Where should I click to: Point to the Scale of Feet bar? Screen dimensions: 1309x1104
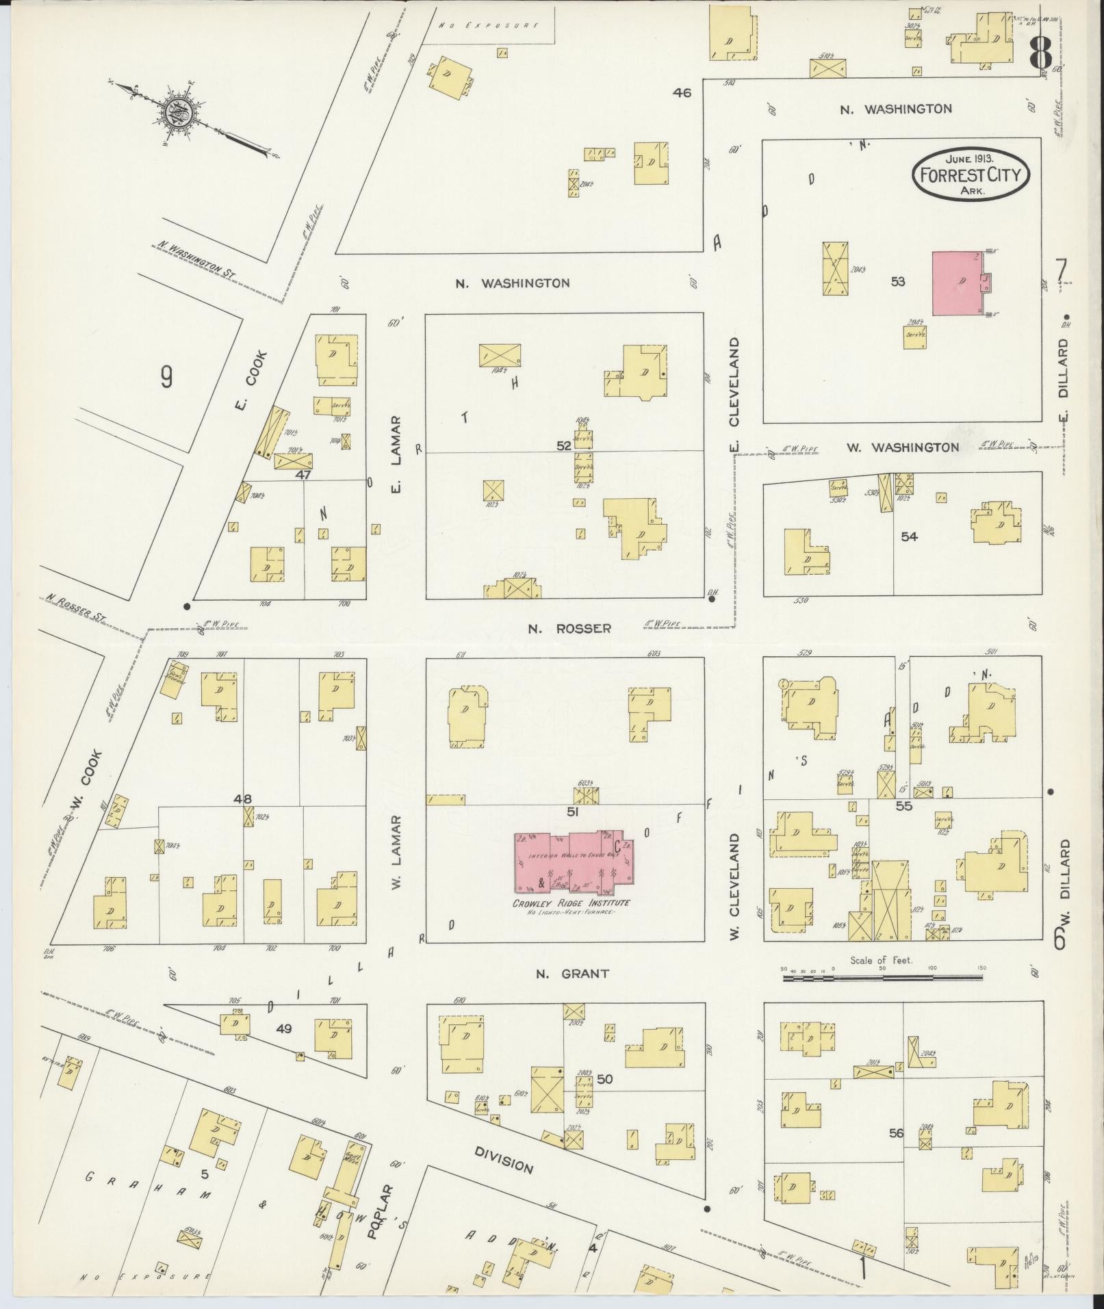[x=882, y=978]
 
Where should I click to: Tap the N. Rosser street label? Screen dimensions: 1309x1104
[x=569, y=628]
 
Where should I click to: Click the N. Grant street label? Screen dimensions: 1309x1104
[x=563, y=973]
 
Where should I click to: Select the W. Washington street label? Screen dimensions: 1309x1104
[x=902, y=448]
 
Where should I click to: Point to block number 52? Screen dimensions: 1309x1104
[x=563, y=445]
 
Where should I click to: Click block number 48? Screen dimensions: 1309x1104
[x=242, y=799]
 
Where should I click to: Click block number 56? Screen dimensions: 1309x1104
[x=896, y=1133]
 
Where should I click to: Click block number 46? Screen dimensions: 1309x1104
[x=682, y=92]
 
